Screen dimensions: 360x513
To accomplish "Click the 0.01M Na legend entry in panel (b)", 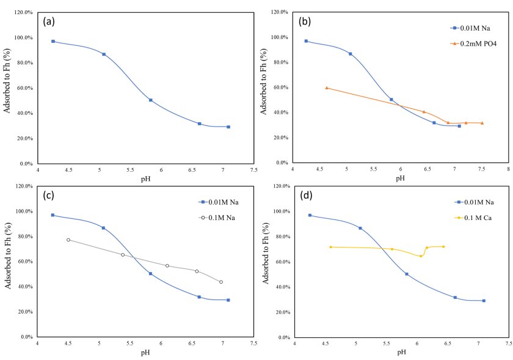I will tap(473, 28).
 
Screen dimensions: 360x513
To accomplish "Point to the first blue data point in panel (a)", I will tap(53, 41).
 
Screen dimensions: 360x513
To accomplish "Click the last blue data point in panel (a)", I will tap(228, 127).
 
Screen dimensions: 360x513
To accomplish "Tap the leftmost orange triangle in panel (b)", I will tap(327, 88).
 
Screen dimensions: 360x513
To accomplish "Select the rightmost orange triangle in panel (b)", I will tap(482, 123).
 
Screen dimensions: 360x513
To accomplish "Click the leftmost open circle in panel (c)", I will tap(68, 240).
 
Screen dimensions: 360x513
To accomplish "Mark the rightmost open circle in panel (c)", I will tap(220, 282).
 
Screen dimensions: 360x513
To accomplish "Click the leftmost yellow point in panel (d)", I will tap(330, 247).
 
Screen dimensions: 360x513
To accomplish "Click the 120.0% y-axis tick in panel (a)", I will tap(23, 12).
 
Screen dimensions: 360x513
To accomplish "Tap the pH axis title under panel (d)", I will tap(401, 352).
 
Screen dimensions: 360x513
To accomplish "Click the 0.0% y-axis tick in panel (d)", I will tap(282, 337).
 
